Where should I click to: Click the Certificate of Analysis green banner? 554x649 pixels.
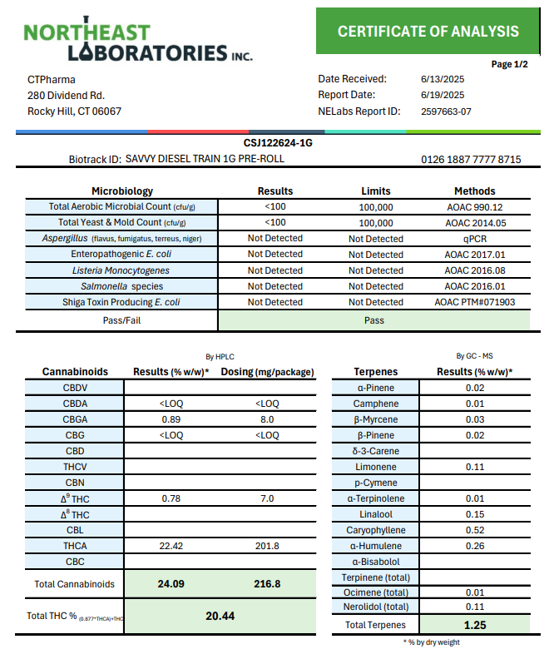428,32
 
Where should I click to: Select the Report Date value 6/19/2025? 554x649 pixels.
442,95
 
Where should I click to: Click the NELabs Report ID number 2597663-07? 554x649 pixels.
446,111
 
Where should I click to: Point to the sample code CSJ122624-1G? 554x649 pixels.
278,143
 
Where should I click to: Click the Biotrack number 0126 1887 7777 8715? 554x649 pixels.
471,159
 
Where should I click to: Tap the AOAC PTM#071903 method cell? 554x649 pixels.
474,302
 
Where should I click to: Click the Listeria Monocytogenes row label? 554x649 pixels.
121,270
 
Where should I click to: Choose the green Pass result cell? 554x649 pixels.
373,320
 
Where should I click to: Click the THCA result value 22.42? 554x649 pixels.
171,546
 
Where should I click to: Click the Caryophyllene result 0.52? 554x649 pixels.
474,530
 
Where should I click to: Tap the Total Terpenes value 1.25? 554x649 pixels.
474,625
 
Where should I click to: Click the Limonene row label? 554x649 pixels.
375,467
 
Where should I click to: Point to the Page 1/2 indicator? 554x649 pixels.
509,64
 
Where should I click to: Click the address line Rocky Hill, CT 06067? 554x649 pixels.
74,111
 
